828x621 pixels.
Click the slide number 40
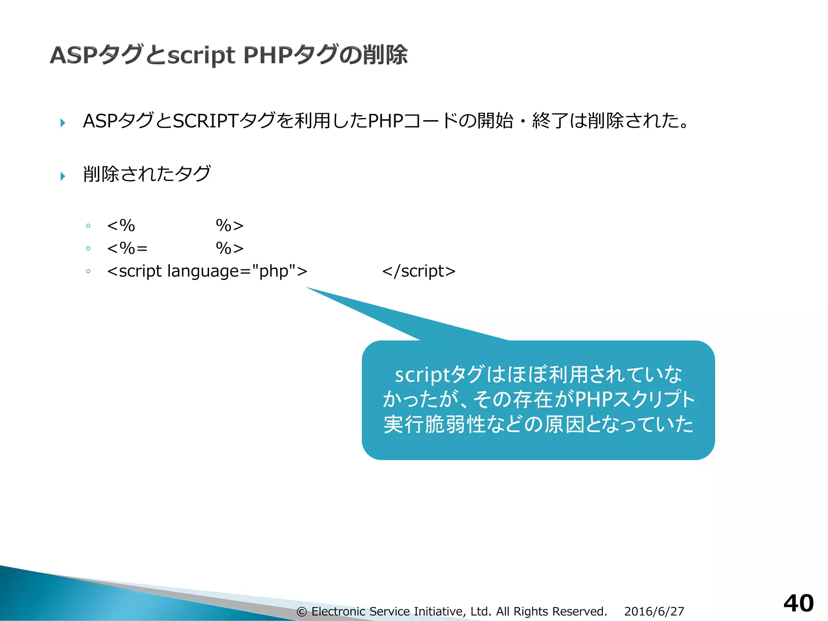[x=798, y=603]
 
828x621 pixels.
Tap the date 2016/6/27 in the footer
[x=654, y=611]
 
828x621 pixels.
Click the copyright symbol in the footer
[x=302, y=612]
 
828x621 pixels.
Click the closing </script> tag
[x=418, y=271]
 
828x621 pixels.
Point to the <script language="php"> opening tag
[x=207, y=271]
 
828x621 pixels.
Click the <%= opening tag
[x=127, y=248]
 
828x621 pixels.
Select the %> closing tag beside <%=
[x=230, y=248]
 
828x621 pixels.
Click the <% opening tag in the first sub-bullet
[x=121, y=226]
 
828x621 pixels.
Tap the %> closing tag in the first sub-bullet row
[x=230, y=226]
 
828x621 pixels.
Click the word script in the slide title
[x=201, y=56]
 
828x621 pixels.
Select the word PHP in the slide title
[x=268, y=55]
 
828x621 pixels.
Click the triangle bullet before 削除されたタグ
[x=63, y=176]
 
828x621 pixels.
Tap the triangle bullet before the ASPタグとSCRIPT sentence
[x=63, y=123]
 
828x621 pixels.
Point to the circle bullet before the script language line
[x=88, y=271]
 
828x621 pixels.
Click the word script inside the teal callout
[x=422, y=375]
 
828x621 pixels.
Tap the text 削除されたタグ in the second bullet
[x=147, y=174]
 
